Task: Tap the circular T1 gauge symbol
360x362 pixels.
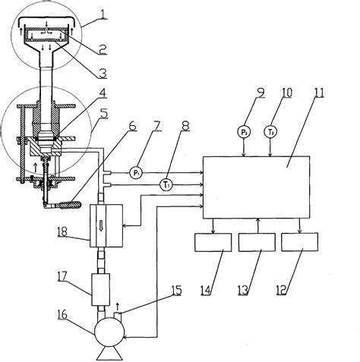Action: click(x=166, y=184)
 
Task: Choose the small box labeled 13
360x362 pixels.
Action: click(x=257, y=243)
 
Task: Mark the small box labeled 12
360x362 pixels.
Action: click(x=301, y=243)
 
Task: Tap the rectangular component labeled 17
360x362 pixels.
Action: click(x=101, y=289)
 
